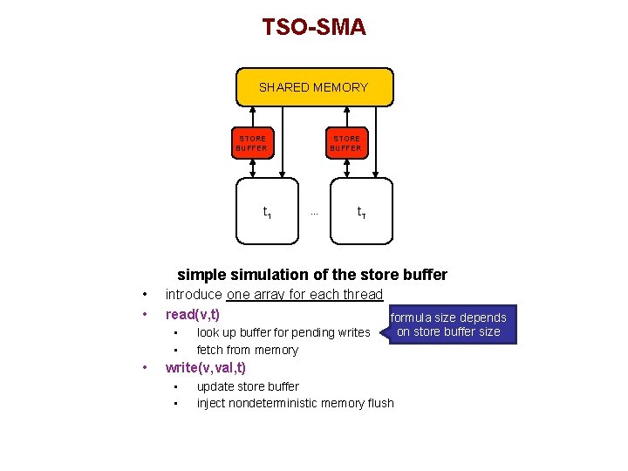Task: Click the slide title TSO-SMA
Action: point(314,27)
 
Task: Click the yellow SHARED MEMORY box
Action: point(314,87)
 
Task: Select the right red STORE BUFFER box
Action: point(345,143)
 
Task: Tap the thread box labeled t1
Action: point(268,211)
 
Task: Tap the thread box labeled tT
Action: point(361,211)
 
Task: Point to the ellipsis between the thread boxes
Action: point(314,213)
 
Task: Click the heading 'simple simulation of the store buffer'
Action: point(312,275)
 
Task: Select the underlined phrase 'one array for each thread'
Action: point(304,295)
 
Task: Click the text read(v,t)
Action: point(192,314)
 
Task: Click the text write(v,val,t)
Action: point(206,368)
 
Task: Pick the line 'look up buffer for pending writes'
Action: point(283,332)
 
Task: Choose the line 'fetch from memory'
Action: point(247,350)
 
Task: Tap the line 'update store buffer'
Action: point(248,386)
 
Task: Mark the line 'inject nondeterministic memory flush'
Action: point(295,403)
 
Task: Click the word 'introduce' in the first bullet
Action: point(194,295)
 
